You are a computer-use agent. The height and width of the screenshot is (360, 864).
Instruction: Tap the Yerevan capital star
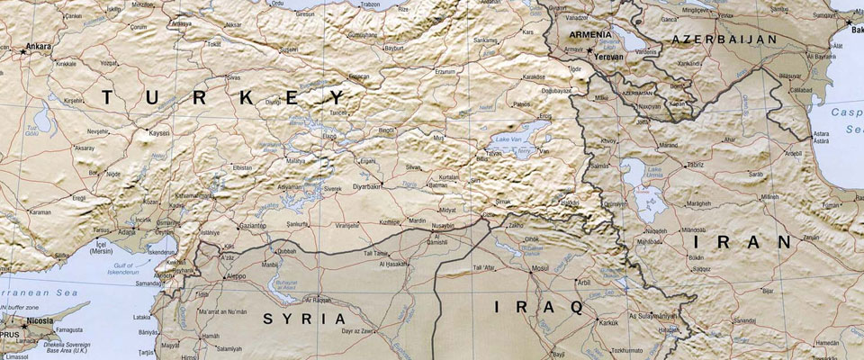click(x=589, y=51)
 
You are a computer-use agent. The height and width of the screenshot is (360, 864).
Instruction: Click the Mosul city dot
click(x=530, y=269)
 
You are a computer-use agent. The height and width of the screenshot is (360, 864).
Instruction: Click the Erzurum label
click(x=445, y=70)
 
